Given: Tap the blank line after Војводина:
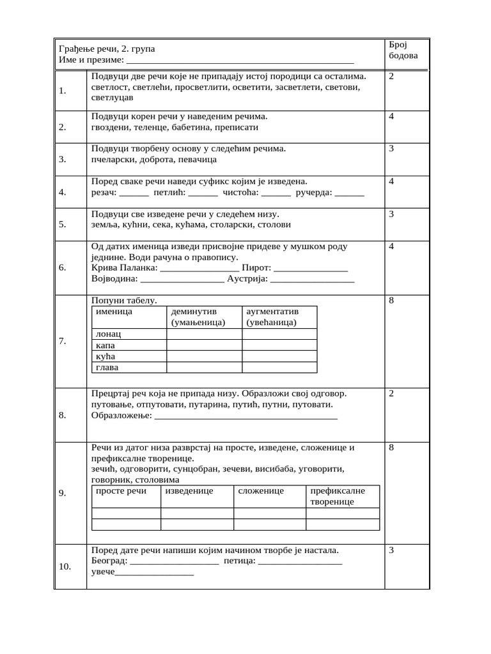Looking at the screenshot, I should pyautogui.click(x=182, y=280).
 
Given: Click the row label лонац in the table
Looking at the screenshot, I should pyautogui.click(x=108, y=334).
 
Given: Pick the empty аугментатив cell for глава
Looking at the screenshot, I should pyautogui.click(x=279, y=368).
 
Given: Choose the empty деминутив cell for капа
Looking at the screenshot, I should pyautogui.click(x=203, y=345).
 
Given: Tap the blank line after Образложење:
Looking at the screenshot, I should pyautogui.click(x=246, y=416).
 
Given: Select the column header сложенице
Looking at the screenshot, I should pyautogui.click(x=261, y=491).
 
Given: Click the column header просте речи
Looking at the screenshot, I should pyautogui.click(x=121, y=491).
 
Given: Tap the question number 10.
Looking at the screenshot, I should pyautogui.click(x=65, y=565).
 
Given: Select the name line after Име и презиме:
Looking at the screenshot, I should pyautogui.click(x=240, y=61).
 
